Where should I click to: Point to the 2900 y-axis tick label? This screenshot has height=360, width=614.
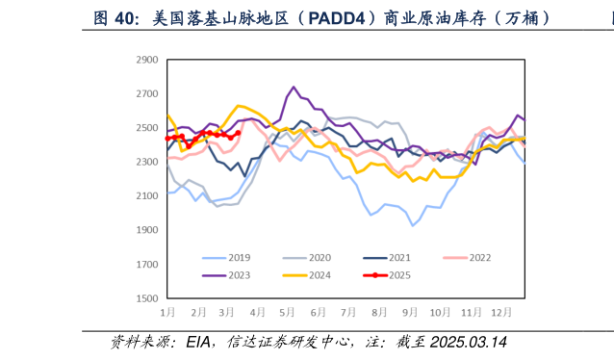click(146, 60)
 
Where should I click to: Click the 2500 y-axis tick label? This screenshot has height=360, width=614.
click(146, 128)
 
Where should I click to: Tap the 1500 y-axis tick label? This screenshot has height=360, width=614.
click(146, 298)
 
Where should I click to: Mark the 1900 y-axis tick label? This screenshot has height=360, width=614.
click(146, 230)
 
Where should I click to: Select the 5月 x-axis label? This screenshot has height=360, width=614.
click(287, 314)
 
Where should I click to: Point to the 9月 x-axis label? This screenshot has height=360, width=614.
click(410, 314)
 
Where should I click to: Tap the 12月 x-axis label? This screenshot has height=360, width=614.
click(501, 314)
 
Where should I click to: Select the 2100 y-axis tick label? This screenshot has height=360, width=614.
click(146, 196)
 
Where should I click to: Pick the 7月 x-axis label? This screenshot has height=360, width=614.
click(348, 314)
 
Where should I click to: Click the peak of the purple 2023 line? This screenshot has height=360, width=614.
click(294, 87)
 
